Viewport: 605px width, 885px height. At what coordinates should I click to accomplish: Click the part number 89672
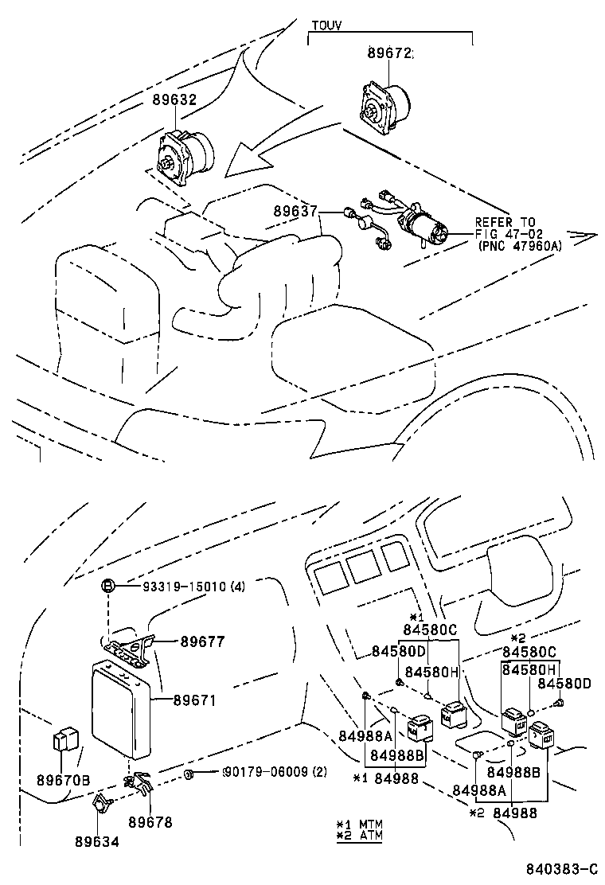[x=390, y=53]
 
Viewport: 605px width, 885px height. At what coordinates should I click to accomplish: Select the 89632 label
[x=174, y=99]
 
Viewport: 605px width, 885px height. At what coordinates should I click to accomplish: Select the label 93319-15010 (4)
[x=193, y=587]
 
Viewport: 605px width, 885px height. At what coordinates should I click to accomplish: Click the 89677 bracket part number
[x=202, y=641]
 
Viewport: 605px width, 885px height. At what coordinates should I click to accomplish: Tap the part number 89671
[x=195, y=700]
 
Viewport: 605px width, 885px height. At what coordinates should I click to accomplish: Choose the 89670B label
[x=63, y=780]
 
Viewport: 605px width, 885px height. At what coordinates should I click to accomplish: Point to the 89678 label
[x=150, y=822]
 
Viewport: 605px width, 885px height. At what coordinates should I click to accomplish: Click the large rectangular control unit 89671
[x=121, y=711]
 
